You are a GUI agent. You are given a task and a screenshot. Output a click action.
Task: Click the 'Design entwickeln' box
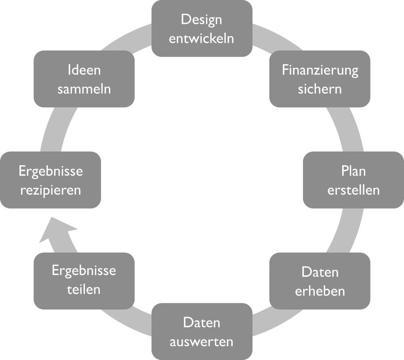202,28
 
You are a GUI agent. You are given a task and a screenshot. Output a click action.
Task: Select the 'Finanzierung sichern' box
320,79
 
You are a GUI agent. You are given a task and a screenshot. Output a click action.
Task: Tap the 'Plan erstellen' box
353,180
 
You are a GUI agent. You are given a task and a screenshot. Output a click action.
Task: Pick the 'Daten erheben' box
320,281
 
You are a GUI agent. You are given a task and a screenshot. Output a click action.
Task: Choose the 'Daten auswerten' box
202,331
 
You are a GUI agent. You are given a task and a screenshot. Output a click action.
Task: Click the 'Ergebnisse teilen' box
84,281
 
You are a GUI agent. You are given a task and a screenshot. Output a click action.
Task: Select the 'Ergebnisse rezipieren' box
50,180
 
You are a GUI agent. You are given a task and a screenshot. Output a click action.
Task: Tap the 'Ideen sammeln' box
84,79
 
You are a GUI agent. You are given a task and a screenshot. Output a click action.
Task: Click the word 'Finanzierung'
320,70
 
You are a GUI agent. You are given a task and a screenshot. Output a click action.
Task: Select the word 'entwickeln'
202,39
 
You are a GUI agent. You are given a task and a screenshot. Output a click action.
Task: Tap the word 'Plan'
353,171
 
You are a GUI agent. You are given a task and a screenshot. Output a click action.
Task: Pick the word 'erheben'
320,291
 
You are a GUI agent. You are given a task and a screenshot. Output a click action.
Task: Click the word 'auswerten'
202,342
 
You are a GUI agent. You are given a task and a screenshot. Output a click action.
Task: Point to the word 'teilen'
84,290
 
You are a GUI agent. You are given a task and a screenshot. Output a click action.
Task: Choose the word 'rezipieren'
50,190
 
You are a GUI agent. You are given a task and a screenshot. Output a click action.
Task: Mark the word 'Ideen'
84,70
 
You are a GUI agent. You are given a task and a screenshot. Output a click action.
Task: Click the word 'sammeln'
84,89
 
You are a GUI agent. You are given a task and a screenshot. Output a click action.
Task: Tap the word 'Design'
202,19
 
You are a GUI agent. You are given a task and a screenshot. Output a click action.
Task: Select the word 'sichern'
320,89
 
